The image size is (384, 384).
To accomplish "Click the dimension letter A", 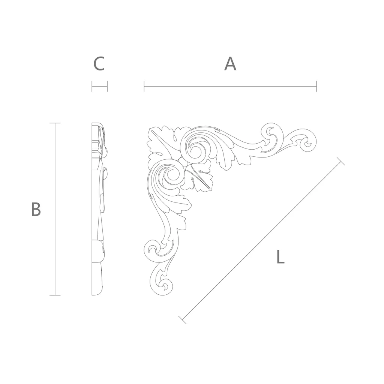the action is tap(230, 64).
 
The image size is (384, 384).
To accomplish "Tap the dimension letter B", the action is tap(36, 209).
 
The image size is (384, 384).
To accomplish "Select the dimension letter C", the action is tap(99, 64).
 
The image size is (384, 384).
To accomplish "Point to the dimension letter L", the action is tap(280, 256).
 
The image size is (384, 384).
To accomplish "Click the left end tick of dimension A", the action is tap(144, 86).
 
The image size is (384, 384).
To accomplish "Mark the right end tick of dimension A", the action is tap(316, 86).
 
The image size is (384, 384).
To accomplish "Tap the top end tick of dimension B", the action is tap(55, 123).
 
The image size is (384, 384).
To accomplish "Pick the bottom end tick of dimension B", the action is tap(55, 295).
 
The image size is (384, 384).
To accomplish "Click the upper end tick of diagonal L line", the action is tap(341, 161).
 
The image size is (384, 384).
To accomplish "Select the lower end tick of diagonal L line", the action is tap(182, 320).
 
